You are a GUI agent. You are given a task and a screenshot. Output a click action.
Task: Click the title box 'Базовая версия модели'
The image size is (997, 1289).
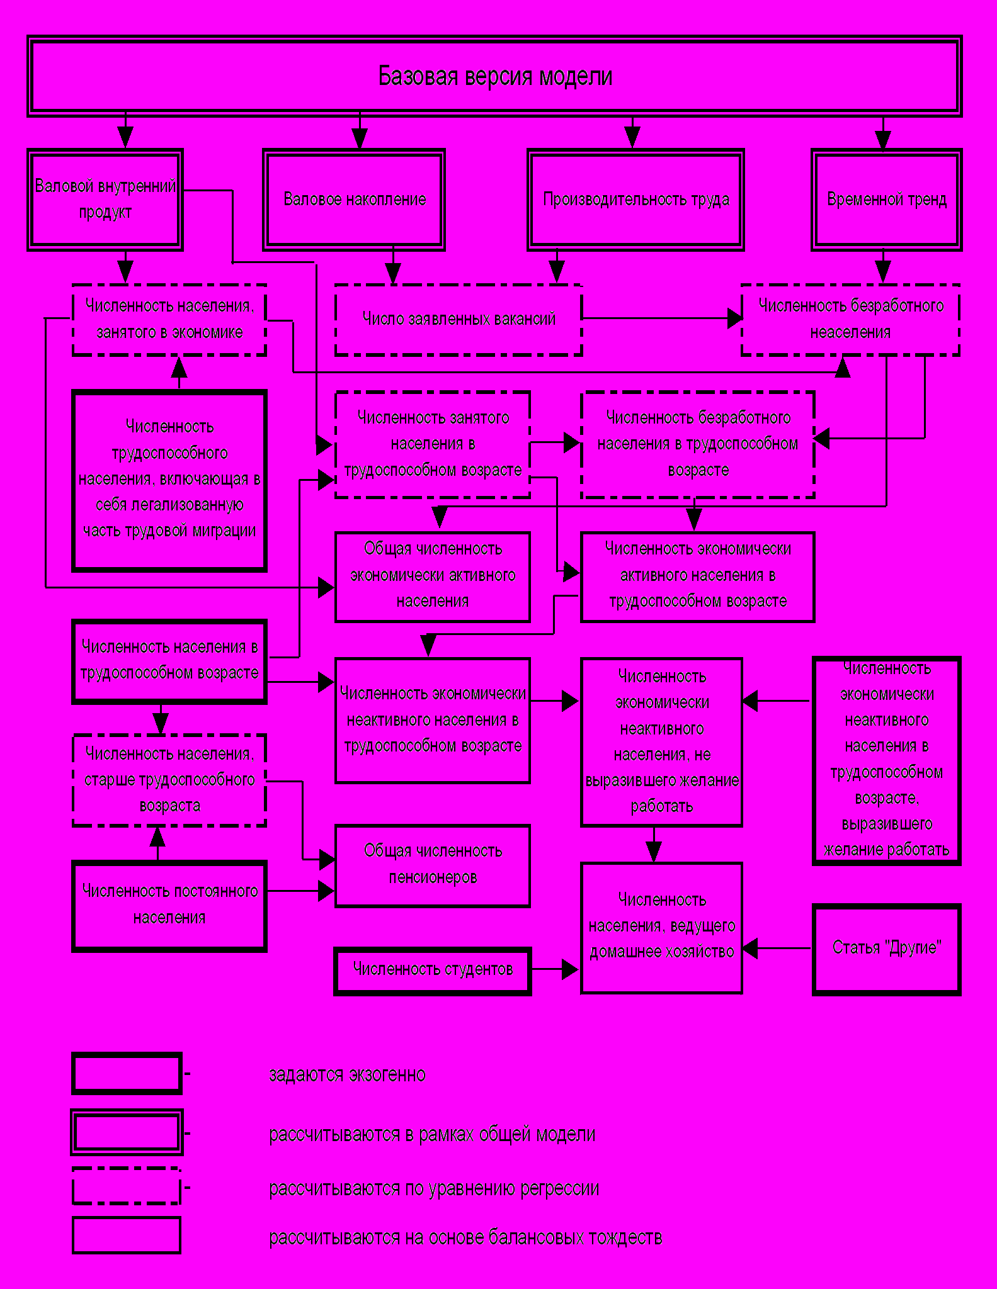tap(495, 76)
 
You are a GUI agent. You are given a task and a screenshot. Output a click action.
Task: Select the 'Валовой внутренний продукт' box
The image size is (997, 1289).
tap(105, 200)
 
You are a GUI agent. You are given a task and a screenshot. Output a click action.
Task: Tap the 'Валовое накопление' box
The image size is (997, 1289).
tap(354, 200)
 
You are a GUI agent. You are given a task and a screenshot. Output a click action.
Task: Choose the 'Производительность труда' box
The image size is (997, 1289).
tap(635, 200)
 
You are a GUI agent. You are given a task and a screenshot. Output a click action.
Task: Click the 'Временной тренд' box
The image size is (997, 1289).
tap(886, 200)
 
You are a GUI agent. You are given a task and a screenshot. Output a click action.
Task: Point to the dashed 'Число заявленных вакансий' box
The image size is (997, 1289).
tap(459, 320)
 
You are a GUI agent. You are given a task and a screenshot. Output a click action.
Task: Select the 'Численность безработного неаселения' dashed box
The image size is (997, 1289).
tap(850, 320)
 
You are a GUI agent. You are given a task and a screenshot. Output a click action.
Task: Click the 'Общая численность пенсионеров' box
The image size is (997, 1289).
tap(433, 865)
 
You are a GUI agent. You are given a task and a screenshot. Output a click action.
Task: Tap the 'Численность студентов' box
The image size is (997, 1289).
tap(433, 970)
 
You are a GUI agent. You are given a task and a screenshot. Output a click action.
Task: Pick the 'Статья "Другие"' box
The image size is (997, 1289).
tap(886, 948)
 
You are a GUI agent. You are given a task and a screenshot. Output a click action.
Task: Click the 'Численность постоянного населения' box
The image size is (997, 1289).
tap(169, 905)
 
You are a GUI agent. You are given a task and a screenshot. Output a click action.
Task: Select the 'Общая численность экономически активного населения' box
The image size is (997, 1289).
tap(433, 576)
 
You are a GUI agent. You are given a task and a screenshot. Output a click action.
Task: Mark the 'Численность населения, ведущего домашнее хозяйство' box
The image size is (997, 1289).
tap(661, 927)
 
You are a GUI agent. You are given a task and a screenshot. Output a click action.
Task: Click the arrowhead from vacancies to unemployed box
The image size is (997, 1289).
tap(734, 318)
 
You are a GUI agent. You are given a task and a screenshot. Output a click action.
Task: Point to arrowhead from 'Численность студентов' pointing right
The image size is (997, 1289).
tap(570, 969)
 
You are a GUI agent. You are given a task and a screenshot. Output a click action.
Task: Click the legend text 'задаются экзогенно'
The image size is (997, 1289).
tap(347, 1074)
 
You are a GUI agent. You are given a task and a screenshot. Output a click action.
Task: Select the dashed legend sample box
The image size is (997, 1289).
tap(127, 1186)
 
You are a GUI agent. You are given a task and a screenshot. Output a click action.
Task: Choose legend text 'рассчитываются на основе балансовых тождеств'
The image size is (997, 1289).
tap(465, 1238)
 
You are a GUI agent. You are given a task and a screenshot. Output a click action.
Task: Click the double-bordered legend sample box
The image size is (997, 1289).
tap(127, 1132)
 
